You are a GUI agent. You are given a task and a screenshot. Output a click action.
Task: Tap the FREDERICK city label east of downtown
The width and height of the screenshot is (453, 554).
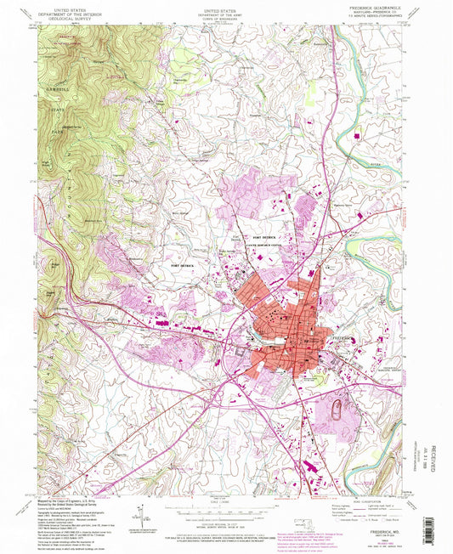[x=343, y=339]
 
